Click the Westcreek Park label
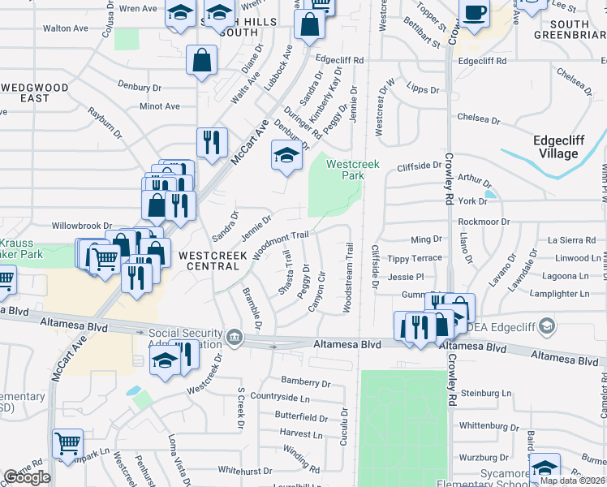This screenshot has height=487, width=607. [353, 169]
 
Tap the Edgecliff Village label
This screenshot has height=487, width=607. [556, 146]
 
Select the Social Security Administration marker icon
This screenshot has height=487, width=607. [234, 336]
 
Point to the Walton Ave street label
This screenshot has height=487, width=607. [65, 28]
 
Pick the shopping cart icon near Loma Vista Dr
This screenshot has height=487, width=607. [68, 443]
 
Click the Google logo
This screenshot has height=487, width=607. [27, 477]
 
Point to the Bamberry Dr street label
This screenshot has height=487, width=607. [306, 381]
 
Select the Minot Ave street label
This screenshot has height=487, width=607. [160, 106]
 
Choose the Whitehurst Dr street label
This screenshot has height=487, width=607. [243, 470]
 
